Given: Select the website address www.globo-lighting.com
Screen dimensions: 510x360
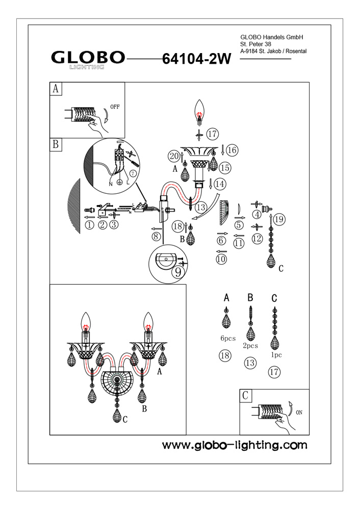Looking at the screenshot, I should pos(235,445).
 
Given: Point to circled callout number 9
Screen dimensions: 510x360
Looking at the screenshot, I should pos(177,272).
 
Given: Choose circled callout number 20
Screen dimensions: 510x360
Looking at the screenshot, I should pos(174,156).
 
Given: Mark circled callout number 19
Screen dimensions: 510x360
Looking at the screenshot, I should pos(277,220).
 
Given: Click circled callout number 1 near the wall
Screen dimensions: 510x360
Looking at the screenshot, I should pos(90,225).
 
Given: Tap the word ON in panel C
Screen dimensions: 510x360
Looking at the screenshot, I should pos(299,413).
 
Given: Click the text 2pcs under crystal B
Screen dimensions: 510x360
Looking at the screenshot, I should pos(250,346).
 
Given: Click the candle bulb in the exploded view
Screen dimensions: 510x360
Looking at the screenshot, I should pos(199,111).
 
